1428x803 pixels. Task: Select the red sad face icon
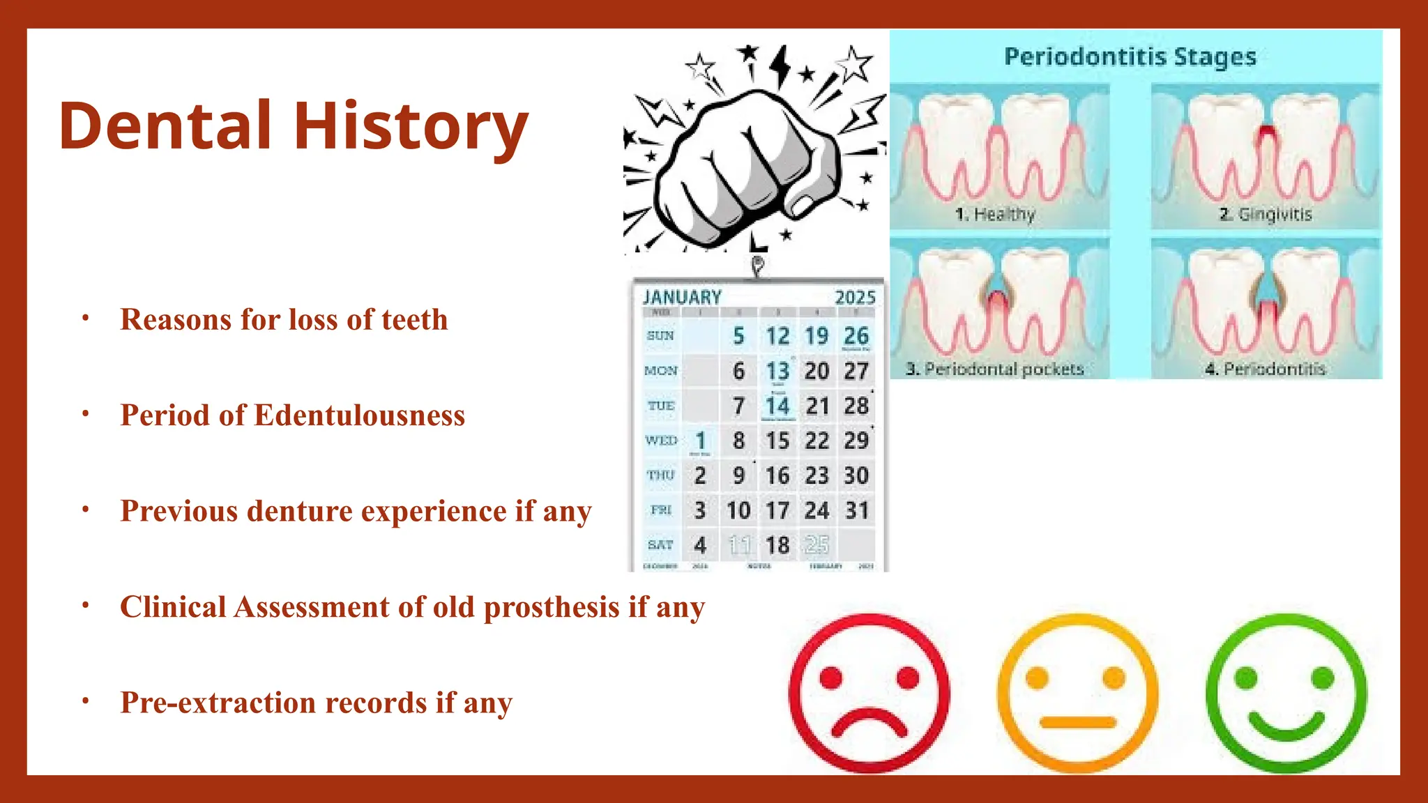pyautogui.click(x=869, y=694)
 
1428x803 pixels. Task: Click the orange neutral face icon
pyautogui.click(x=1077, y=694)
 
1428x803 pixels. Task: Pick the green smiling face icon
pyautogui.click(x=1286, y=694)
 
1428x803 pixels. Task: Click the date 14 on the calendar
pyautogui.click(x=777, y=406)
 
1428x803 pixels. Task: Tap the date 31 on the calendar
pyautogui.click(x=856, y=510)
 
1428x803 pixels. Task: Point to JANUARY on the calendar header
pyautogui.click(x=682, y=298)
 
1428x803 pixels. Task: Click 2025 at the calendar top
pyautogui.click(x=855, y=298)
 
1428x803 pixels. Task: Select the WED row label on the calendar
pyautogui.click(x=661, y=441)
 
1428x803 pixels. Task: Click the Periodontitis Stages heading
pyautogui.click(x=1130, y=57)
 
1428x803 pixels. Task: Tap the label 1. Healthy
pyautogui.click(x=995, y=214)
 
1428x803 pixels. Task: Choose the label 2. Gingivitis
pyautogui.click(x=1266, y=214)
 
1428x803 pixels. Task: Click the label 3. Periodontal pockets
pyautogui.click(x=995, y=369)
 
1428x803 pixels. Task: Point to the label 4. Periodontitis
pyautogui.click(x=1266, y=369)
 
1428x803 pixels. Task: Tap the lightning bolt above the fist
pyautogui.click(x=780, y=66)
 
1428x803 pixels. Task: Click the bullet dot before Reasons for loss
pyautogui.click(x=85, y=319)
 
